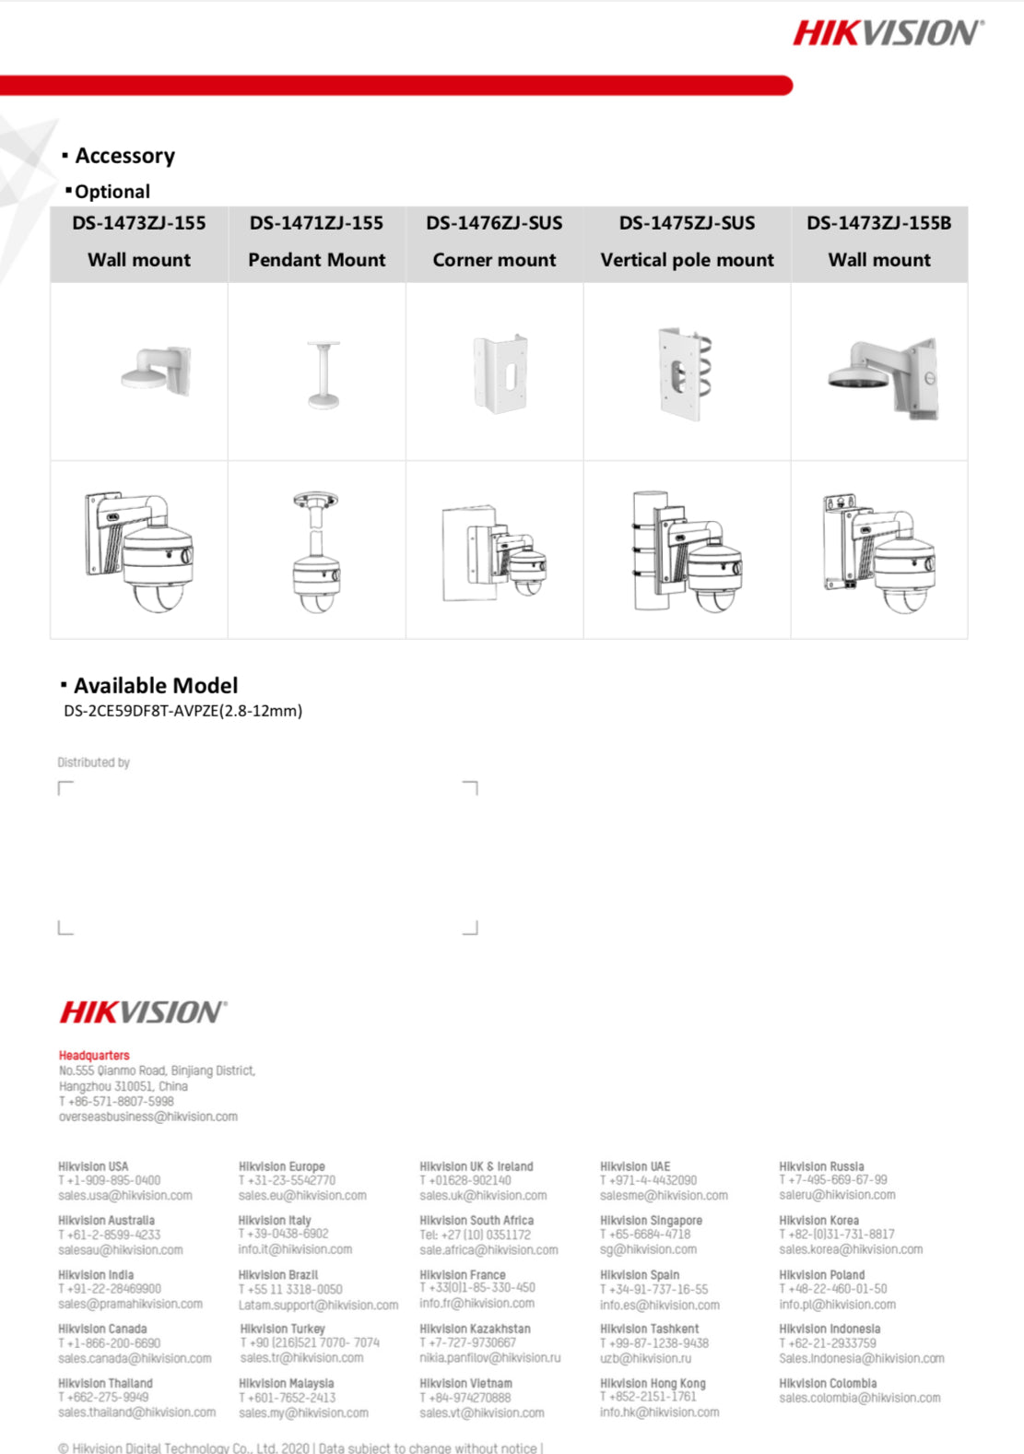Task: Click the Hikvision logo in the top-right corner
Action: (x=888, y=33)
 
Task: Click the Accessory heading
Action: (x=124, y=156)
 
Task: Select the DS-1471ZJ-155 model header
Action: (x=316, y=223)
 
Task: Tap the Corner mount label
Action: (x=494, y=260)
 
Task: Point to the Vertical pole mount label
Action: (x=687, y=260)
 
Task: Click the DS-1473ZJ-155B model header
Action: (x=878, y=223)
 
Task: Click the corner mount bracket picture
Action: (x=499, y=374)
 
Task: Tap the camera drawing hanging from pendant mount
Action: (x=316, y=551)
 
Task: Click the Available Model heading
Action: (x=155, y=686)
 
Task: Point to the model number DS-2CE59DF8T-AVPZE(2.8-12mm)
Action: (x=182, y=711)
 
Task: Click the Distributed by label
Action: (x=93, y=762)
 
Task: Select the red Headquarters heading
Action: (x=94, y=1056)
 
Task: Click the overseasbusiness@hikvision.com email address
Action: (x=147, y=1117)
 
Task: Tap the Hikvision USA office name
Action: (x=93, y=1166)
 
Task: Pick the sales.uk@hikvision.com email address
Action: (x=482, y=1196)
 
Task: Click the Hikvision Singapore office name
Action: (x=651, y=1221)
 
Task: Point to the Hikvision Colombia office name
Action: (x=827, y=1383)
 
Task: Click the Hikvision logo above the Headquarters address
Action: (x=143, y=1012)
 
